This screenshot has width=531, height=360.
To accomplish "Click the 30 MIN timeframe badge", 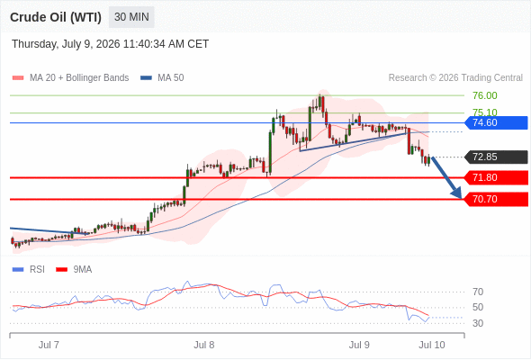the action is (x=131, y=17).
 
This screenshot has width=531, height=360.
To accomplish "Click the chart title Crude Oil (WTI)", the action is (x=56, y=17).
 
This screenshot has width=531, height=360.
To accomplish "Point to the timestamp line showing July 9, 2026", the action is (x=110, y=44).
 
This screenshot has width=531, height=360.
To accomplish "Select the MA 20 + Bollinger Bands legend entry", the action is (x=70, y=78).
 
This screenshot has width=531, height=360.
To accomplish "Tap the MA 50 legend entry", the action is (x=162, y=78).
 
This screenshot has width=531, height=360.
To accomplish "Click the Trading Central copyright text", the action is (x=455, y=78).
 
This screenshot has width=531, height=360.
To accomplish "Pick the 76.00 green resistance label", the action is (x=485, y=95).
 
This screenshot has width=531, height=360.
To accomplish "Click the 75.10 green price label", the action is (x=485, y=112).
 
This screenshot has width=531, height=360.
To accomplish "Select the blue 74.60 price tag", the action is (x=496, y=122).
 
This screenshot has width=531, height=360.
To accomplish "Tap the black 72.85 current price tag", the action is (x=496, y=157).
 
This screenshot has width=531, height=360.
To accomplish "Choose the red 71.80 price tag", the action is (x=496, y=178).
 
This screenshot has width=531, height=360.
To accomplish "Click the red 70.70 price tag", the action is (x=496, y=199).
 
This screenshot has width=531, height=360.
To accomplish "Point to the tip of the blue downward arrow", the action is (x=461, y=198).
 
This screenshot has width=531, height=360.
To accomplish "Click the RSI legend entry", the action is (x=29, y=270).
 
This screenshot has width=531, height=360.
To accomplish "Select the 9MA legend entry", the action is (x=74, y=270).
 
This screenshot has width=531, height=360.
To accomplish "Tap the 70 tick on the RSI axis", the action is (x=478, y=292).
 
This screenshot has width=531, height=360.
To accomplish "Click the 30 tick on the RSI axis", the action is (x=478, y=323).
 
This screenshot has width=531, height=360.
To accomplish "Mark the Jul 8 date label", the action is (x=204, y=345).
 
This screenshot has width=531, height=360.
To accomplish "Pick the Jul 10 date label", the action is (x=432, y=345).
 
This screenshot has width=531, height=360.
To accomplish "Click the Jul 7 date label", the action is (x=49, y=345).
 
